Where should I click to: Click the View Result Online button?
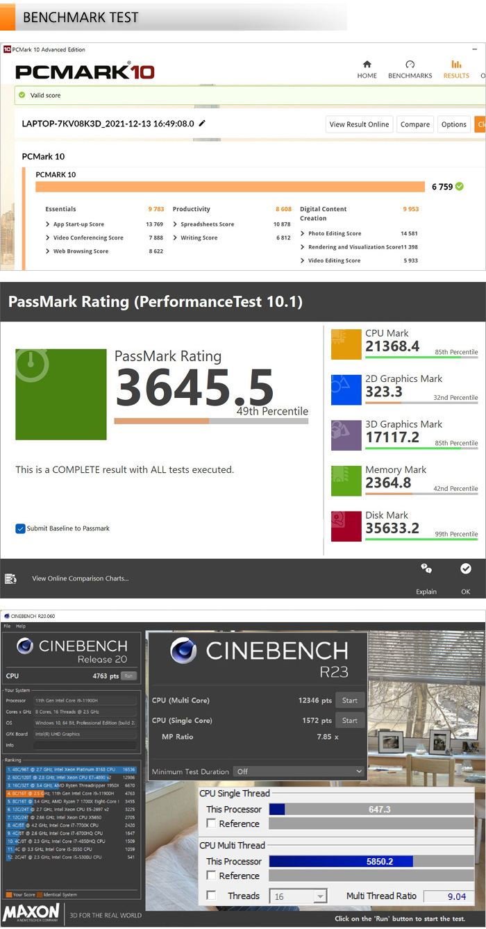point(359,124)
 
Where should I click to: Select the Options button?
point(453,124)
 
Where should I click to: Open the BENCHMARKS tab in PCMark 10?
point(410,69)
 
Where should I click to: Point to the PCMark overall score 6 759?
point(442,187)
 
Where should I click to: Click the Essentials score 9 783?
point(156,209)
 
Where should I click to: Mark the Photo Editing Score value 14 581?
point(409,233)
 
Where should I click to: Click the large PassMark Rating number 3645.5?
point(194,387)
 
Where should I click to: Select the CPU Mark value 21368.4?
point(392,346)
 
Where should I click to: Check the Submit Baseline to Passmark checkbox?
point(21,529)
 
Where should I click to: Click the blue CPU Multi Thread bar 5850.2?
point(341,862)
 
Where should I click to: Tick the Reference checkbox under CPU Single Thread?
point(211,823)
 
